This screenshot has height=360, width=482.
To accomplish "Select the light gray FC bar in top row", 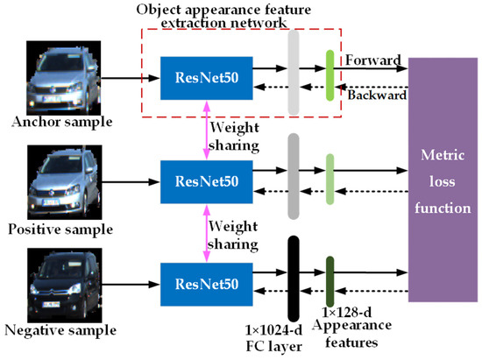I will click(x=292, y=73).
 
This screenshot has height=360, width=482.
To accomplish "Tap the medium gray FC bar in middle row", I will click(x=292, y=176).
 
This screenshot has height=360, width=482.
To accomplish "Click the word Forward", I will click(x=372, y=60).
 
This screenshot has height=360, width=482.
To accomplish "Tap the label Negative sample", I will click(x=61, y=332).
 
